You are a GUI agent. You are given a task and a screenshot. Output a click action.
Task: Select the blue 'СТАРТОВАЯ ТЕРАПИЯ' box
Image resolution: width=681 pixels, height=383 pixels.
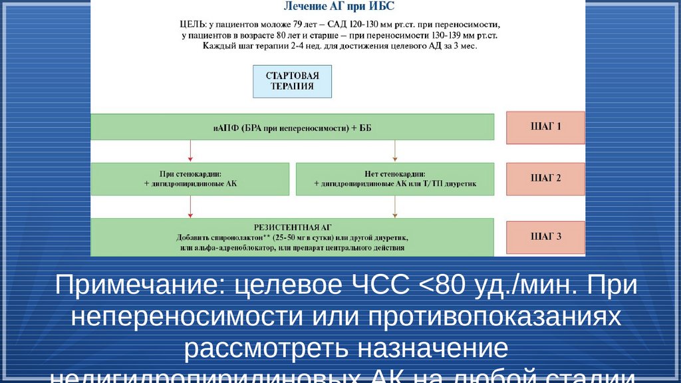[292, 82]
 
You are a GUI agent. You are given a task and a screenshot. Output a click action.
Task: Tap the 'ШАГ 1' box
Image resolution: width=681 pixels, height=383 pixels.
[545, 127]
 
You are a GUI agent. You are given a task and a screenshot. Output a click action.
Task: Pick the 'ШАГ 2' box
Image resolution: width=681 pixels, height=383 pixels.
[545, 178]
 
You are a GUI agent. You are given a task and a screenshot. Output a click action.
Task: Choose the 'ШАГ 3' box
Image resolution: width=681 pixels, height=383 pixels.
[545, 237]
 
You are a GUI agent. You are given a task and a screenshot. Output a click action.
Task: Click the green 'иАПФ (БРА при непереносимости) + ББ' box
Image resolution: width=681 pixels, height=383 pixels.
[292, 127]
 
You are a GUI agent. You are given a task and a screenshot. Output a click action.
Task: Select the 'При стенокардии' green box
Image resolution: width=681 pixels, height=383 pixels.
[190, 178]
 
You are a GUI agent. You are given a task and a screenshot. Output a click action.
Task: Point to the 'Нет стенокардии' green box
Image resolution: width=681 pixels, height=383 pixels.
[394, 178]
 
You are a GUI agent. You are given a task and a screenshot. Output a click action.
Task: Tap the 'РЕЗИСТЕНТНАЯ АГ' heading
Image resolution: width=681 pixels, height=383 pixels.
[292, 226]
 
